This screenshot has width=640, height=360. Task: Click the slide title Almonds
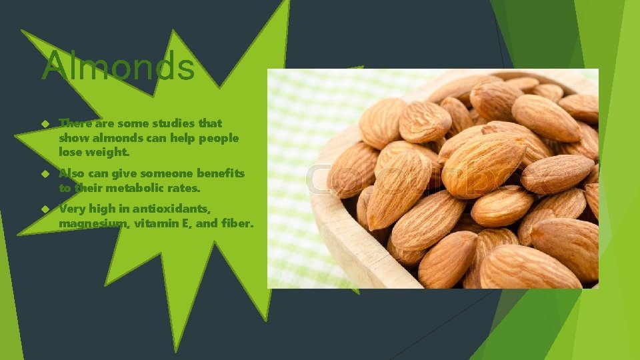click(118, 67)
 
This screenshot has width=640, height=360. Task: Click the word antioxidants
click(171, 209)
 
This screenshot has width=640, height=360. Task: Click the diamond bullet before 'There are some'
click(44, 123)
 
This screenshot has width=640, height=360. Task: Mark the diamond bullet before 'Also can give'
click(44, 173)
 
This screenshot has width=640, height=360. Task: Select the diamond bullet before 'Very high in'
click(44, 209)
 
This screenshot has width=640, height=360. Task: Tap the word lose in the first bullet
click(70, 153)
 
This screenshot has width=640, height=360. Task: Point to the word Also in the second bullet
click(71, 173)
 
